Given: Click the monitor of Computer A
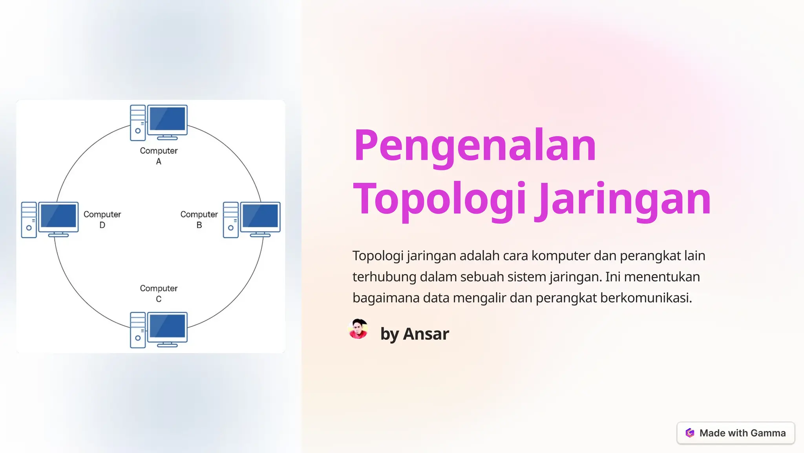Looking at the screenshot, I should (x=168, y=119).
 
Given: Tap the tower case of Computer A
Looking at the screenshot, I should (x=138, y=123).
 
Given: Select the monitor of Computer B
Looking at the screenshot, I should (x=260, y=216).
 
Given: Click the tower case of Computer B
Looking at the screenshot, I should (x=230, y=220).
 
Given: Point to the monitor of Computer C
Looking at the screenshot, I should (x=168, y=326).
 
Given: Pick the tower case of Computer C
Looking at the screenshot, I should (x=138, y=330).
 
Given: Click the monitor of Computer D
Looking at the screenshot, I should (x=58, y=216).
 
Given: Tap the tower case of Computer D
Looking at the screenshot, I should (x=29, y=220).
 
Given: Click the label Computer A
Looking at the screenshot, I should (x=159, y=156).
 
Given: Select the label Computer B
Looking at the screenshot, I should (x=199, y=219).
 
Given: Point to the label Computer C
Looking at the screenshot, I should (x=159, y=293).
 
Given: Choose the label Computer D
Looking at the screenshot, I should (x=102, y=219).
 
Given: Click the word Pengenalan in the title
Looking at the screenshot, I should (x=475, y=146).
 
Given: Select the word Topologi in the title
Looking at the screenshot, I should (x=439, y=199).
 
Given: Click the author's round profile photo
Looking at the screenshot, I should (x=358, y=329).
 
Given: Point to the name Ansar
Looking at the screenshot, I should (x=426, y=334).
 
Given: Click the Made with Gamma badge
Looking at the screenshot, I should (x=735, y=433).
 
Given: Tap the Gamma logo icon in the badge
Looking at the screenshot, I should (x=690, y=433).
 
